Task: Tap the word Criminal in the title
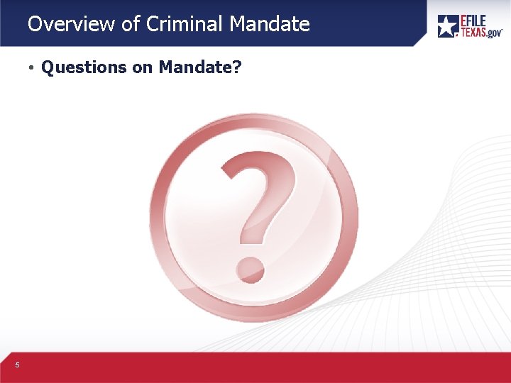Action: (185, 24)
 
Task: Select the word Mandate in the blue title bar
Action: (270, 24)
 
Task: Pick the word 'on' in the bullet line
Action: (144, 67)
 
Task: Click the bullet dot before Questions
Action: (32, 68)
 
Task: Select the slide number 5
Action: (17, 365)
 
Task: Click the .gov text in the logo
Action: (495, 33)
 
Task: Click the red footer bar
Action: (255, 367)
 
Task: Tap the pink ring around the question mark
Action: (162, 213)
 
